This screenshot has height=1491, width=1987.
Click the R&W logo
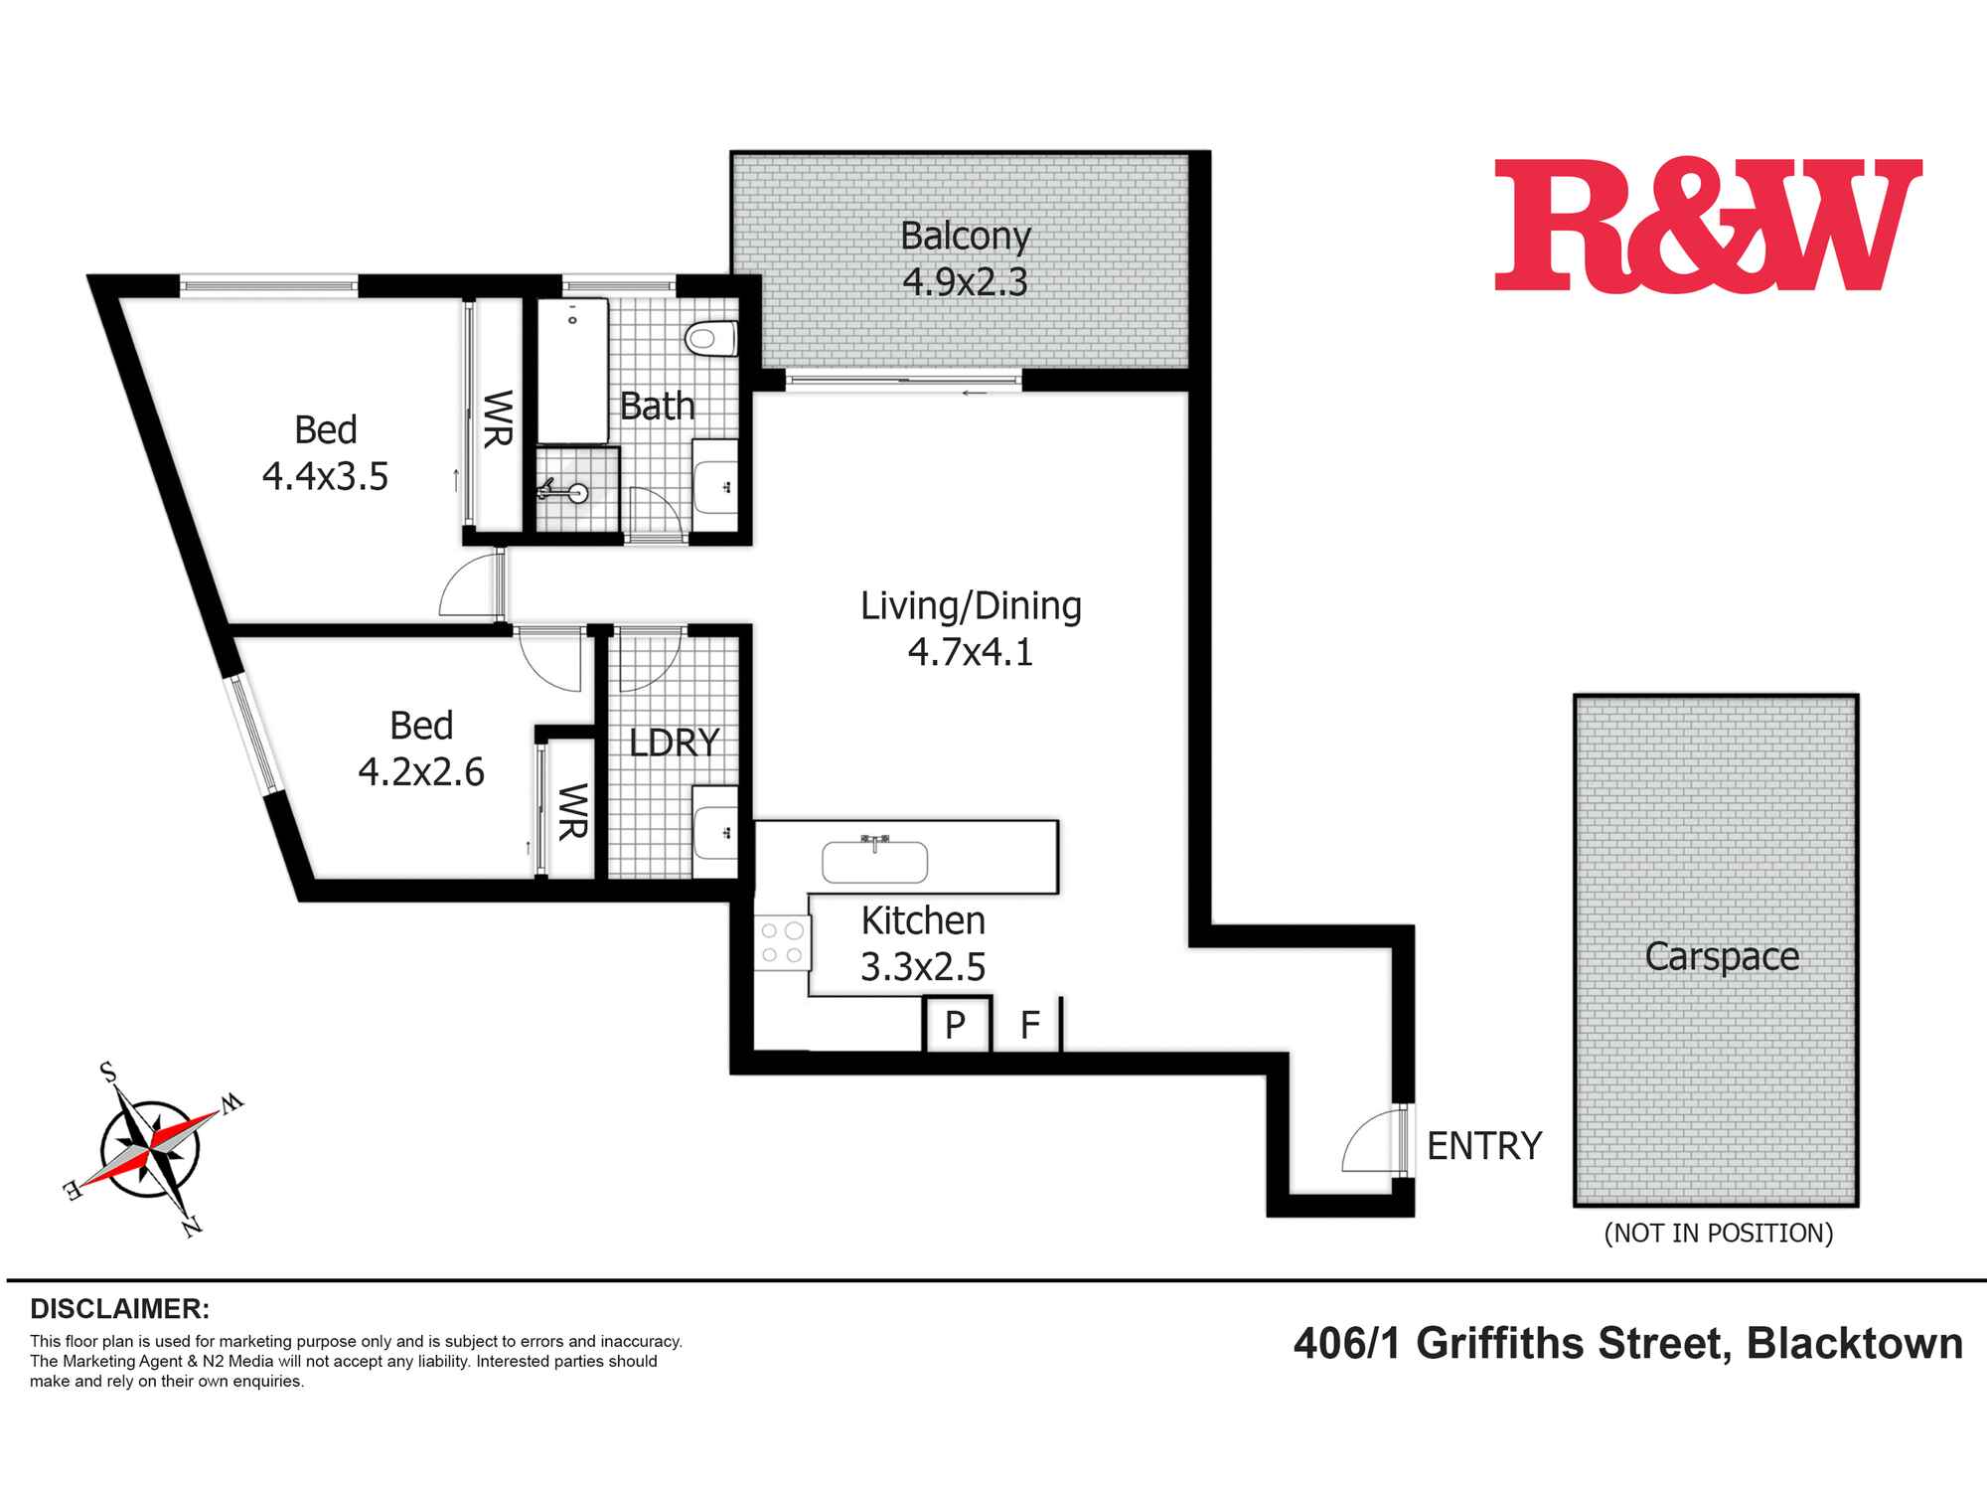coord(1707,226)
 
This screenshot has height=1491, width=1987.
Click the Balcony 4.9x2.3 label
coord(965,258)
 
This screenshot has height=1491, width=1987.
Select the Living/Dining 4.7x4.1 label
coord(971,628)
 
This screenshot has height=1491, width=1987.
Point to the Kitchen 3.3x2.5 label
coord(923,943)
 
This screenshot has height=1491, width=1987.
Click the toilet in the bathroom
coord(712,338)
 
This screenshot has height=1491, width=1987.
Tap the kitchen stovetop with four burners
coord(782,943)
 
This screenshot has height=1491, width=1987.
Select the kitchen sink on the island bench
coord(874,861)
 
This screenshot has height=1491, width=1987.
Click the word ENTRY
coord(1484,1146)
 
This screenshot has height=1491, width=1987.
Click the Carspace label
coord(1722,956)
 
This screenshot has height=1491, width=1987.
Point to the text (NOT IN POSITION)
coord(1719,1234)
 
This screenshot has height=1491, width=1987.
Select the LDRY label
coord(675,743)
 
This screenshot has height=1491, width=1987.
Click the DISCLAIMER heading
coord(120,1307)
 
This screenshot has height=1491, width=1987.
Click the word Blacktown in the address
coord(1855,1344)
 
